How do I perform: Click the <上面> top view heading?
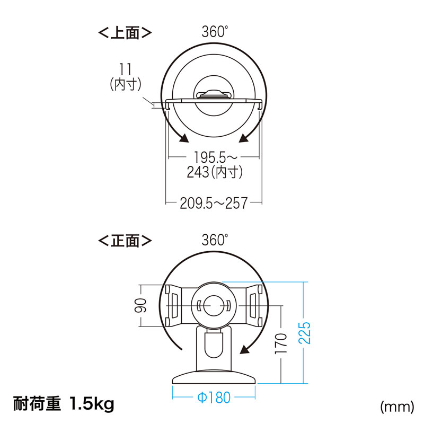[x=125, y=32]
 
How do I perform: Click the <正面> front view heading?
[x=125, y=241]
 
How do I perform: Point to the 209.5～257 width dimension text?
[x=214, y=203]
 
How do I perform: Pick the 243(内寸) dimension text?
[x=214, y=172]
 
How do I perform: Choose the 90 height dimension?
[x=140, y=306]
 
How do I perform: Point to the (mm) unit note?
[x=396, y=407]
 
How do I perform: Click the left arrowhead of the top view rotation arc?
[x=183, y=139]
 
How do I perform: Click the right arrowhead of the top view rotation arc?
[x=244, y=139]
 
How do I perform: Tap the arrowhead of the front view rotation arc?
[x=245, y=349]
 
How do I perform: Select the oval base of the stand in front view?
[x=213, y=377]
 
